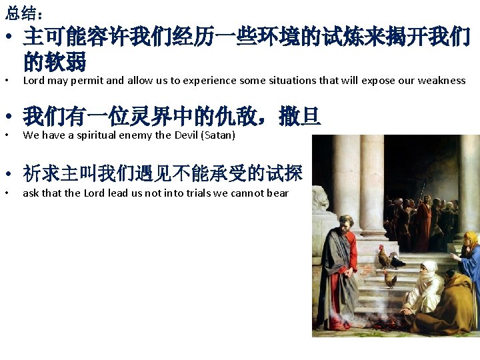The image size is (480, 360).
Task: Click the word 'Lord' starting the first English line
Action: [x=33, y=81]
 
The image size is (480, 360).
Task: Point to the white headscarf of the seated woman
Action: [x=430, y=270]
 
